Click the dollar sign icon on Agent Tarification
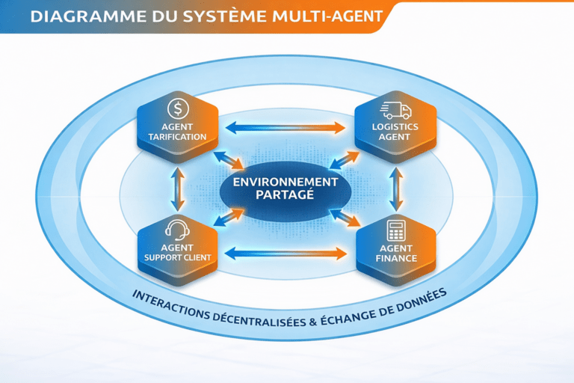pyautogui.click(x=178, y=109)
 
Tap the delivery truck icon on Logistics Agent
pyautogui.click(x=396, y=110)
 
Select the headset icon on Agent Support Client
pyautogui.click(x=178, y=229)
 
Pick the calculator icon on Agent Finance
pyautogui.click(x=396, y=230)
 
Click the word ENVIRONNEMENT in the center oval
pyautogui.click(x=286, y=182)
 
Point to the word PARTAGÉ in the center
pyautogui.click(x=286, y=195)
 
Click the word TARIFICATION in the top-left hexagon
pyautogui.click(x=178, y=137)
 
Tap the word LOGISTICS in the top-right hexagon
pyautogui.click(x=396, y=127)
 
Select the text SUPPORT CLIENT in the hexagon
pyautogui.click(x=178, y=258)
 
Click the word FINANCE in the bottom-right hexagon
pyautogui.click(x=396, y=258)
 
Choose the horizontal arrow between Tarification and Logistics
pyautogui.click(x=286, y=126)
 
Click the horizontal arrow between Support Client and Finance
pyautogui.click(x=286, y=253)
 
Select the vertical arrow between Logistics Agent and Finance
pyautogui.click(x=397, y=189)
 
